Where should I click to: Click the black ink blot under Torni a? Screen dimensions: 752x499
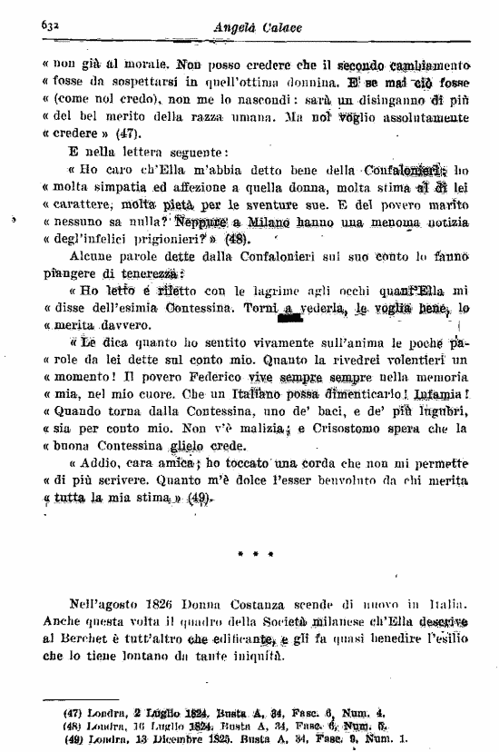290,318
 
